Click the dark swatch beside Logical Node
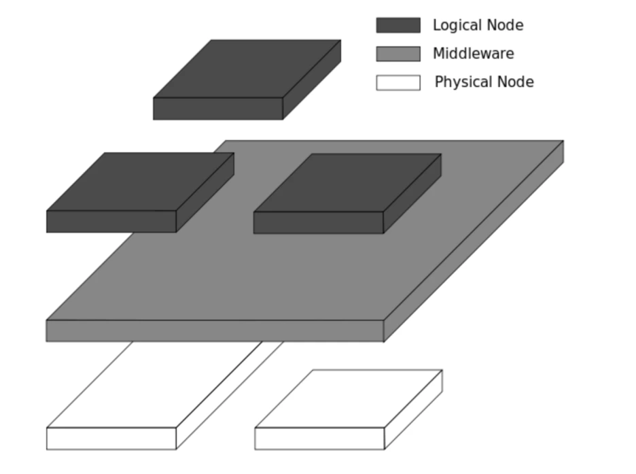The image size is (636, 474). (398, 25)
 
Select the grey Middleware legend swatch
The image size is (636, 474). (398, 54)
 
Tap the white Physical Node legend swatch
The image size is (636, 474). (398, 82)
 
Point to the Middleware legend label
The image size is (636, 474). (474, 54)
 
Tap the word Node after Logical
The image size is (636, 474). (505, 25)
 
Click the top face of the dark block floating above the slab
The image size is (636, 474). (247, 69)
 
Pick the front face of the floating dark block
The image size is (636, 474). (218, 109)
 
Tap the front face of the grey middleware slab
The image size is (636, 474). (215, 331)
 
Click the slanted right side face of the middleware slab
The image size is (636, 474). (474, 241)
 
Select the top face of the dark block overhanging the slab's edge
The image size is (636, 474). (141, 182)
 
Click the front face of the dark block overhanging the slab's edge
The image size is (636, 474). (111, 222)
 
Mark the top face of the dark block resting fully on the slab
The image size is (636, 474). (347, 183)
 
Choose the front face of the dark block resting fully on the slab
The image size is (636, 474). (319, 222)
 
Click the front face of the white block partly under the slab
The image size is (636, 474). (111, 439)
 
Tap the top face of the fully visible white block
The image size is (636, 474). (349, 399)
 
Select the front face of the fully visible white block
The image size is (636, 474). (319, 439)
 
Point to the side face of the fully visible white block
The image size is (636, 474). (413, 409)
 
